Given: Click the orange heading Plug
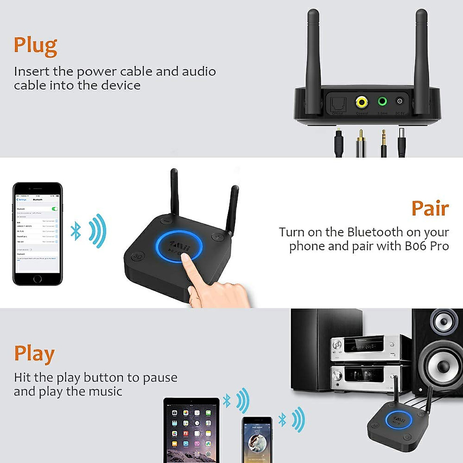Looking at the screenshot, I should click(35, 46).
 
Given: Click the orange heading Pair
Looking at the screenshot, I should click(430, 209).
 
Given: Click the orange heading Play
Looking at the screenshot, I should click(34, 354).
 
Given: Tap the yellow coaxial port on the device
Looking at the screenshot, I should click(362, 102).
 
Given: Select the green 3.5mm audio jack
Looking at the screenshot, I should click(382, 102).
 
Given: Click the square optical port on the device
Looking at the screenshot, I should click(338, 103).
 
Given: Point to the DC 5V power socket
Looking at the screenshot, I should click(400, 101).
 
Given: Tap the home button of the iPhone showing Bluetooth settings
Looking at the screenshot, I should click(37, 278).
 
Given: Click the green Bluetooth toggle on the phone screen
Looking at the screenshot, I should click(55, 209).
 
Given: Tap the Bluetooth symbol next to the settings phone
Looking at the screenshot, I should click(76, 231).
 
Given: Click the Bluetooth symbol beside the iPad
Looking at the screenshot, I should click(227, 402).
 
